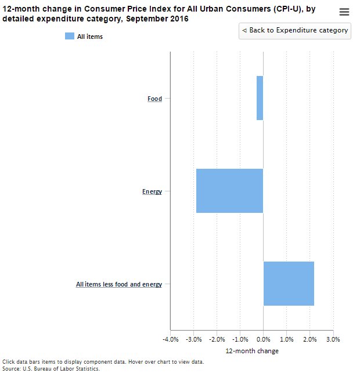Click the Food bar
click(260, 98)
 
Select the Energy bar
click(229, 191)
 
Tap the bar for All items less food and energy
click(289, 284)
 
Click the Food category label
click(154, 99)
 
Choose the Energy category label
click(152, 191)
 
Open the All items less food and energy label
click(119, 284)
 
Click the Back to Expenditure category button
click(295, 30)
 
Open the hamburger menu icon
click(344, 12)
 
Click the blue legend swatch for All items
click(70, 37)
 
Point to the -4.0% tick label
click(170, 339)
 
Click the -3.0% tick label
click(193, 339)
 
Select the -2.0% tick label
click(217, 339)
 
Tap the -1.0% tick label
click(240, 339)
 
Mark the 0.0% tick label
click(263, 339)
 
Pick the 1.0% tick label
click(286, 339)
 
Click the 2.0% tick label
click(309, 339)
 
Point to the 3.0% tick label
click(333, 339)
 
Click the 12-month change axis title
click(251, 351)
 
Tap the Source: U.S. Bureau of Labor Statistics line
click(51, 368)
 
